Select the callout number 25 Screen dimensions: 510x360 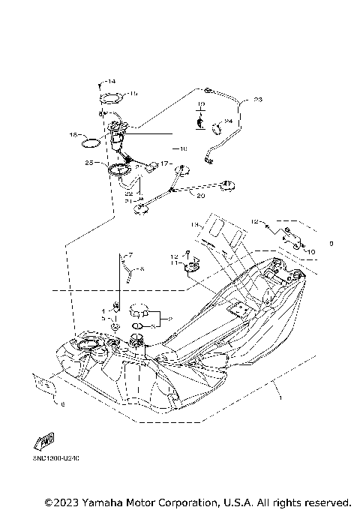(x=89, y=162)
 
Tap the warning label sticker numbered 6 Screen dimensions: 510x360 (x=43, y=385)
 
